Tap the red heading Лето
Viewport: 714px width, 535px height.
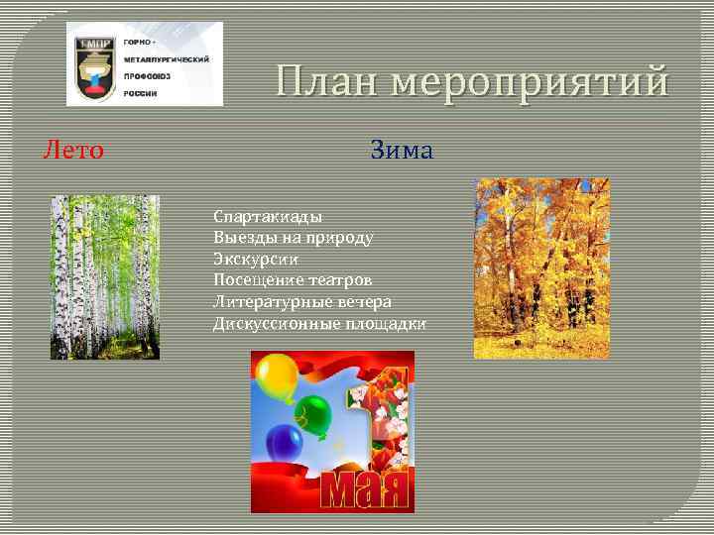pyautogui.click(x=72, y=150)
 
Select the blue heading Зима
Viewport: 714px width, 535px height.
pyautogui.click(x=402, y=150)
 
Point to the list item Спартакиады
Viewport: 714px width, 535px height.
pyautogui.click(x=267, y=216)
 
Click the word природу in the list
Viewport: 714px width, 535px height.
pyautogui.click(x=339, y=238)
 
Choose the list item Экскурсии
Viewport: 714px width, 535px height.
pyautogui.click(x=256, y=259)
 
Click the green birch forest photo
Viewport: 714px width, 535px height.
pyautogui.click(x=104, y=276)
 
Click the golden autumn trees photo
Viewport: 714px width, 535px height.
pyautogui.click(x=540, y=267)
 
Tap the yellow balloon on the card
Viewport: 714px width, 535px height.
pyautogui.click(x=277, y=378)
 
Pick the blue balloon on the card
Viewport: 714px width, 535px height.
pyautogui.click(x=284, y=444)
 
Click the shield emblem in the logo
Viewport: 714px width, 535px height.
pyautogui.click(x=93, y=64)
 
